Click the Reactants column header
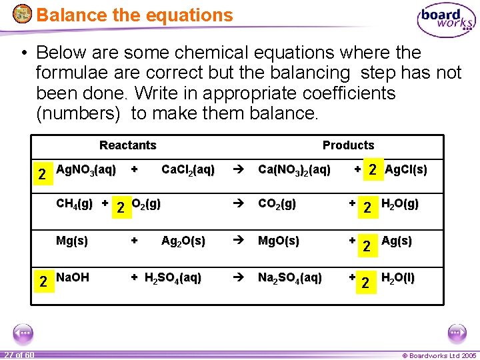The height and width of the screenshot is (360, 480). [127, 145]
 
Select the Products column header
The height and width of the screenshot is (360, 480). [348, 145]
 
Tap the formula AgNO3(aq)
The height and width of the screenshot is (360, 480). [86, 170]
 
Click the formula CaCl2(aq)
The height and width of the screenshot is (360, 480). [188, 171]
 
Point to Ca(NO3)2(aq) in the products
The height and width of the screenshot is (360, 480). [294, 171]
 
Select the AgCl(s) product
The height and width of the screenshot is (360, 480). [406, 170]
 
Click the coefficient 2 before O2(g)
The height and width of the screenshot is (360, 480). [120, 208]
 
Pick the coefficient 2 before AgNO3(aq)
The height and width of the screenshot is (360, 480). [41, 175]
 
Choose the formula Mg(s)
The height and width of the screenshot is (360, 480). [72, 241]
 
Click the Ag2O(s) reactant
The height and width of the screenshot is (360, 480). [183, 241]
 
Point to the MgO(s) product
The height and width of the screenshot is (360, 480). [279, 241]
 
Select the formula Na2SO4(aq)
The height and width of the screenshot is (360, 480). [290, 277]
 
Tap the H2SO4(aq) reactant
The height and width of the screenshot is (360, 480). [173, 277]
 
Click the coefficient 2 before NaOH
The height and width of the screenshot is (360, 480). [41, 281]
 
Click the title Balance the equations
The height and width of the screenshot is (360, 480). [135, 15]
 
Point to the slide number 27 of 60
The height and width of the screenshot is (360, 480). [18, 354]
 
